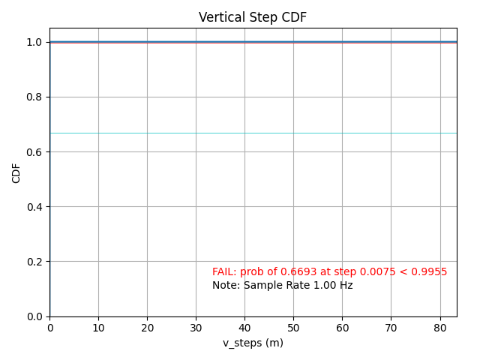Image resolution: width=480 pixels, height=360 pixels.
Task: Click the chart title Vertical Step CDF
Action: pyautogui.click(x=253, y=17)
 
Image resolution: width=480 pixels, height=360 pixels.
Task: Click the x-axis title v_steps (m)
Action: pyautogui.click(x=253, y=343)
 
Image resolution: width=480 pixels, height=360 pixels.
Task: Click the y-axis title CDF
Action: pyautogui.click(x=16, y=172)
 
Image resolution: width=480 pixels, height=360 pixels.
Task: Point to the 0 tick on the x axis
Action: pyautogui.click(x=50, y=328)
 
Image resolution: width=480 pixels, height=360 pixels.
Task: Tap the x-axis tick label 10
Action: pyautogui.click(x=98, y=328)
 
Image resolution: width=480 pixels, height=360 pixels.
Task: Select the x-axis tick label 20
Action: pyautogui.click(x=147, y=328)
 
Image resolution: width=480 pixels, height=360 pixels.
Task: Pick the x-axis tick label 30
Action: pyautogui.click(x=196, y=328)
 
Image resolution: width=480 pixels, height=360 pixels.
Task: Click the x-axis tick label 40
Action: pyautogui.click(x=244, y=328)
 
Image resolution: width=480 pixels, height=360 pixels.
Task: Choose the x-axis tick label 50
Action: pyautogui.click(x=293, y=328)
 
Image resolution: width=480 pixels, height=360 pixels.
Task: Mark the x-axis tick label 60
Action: pyautogui.click(x=342, y=328)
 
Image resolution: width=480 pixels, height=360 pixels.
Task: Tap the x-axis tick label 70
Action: pyautogui.click(x=391, y=328)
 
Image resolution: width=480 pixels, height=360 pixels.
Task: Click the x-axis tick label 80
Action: pyautogui.click(x=439, y=328)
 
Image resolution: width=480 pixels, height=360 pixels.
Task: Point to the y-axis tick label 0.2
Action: pyautogui.click(x=35, y=262)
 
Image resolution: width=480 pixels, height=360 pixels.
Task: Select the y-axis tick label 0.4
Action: pyautogui.click(x=35, y=207)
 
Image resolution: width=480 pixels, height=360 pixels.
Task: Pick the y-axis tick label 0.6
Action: pyautogui.click(x=35, y=152)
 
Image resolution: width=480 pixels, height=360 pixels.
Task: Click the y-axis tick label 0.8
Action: pyautogui.click(x=35, y=97)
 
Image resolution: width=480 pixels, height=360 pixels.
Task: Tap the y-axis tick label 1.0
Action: pyautogui.click(x=35, y=43)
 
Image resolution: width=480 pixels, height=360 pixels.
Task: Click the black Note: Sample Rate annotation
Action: pyautogui.click(x=282, y=285)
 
